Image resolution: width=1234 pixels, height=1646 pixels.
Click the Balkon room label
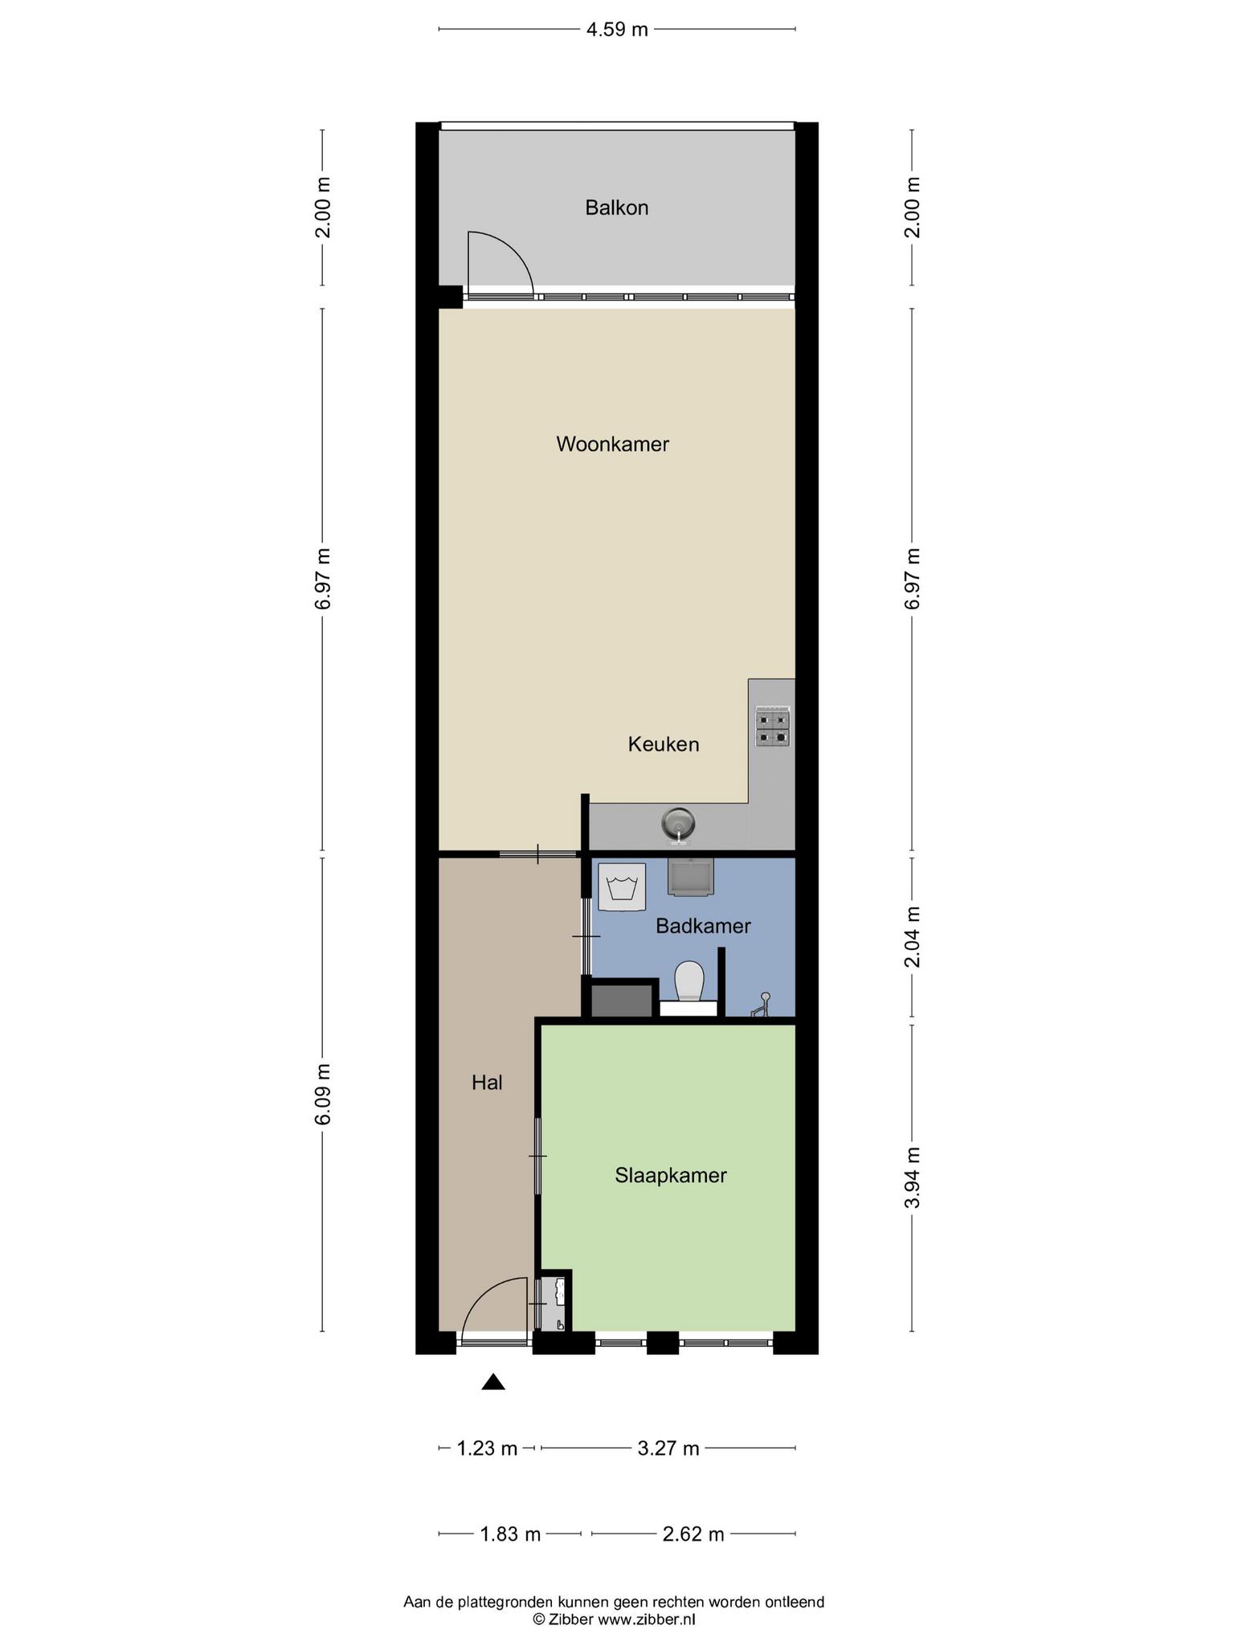(x=616, y=207)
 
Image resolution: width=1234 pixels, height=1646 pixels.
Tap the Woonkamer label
(x=612, y=444)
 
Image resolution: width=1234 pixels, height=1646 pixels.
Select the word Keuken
(x=664, y=744)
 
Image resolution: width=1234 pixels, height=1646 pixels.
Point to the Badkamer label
(x=703, y=926)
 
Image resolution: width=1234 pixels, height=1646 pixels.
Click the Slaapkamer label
(x=671, y=1175)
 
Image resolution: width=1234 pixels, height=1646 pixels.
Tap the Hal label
(x=487, y=1083)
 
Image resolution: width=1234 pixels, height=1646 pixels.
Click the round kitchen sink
(x=678, y=825)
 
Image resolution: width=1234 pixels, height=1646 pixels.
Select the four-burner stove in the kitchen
(x=772, y=727)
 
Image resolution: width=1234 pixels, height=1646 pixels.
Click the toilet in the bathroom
(x=689, y=983)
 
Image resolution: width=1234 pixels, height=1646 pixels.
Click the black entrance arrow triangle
(x=492, y=1382)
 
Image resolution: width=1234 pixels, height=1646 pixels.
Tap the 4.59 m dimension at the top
(x=616, y=30)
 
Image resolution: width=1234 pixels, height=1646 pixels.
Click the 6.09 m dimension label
(x=322, y=1095)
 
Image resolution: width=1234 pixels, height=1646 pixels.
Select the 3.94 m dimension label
(x=912, y=1177)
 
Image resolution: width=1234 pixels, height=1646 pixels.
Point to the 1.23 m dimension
(x=487, y=1448)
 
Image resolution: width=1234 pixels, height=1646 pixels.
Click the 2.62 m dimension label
(x=693, y=1534)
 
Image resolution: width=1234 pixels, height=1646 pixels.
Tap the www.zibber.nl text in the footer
(x=647, y=1619)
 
